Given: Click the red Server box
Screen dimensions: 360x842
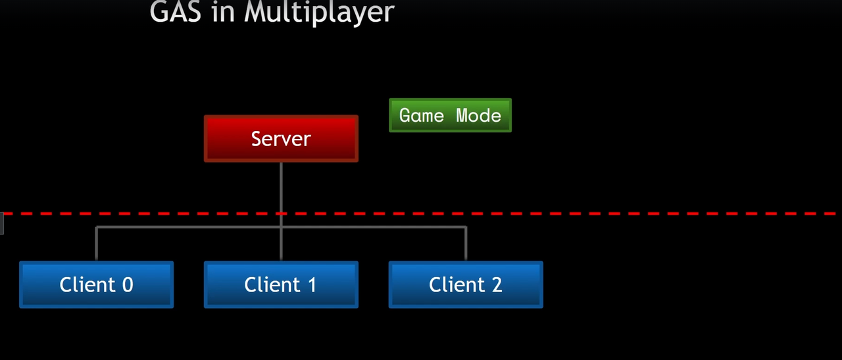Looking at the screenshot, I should [281, 139].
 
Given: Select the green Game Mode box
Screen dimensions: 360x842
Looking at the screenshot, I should [450, 115].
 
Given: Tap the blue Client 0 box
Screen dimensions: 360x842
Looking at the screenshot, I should [96, 284].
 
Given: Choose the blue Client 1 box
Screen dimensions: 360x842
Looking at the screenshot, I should [281, 284].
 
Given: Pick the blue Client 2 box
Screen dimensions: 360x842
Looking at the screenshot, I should [466, 284].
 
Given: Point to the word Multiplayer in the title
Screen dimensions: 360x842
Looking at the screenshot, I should [319, 12].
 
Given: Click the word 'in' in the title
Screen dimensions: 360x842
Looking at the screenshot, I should [224, 12].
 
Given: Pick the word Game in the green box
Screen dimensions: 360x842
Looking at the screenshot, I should [422, 116].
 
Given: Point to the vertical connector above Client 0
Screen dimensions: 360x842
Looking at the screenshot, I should [97, 244].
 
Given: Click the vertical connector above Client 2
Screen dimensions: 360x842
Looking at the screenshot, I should [466, 244].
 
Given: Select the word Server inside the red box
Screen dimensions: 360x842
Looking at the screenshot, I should [281, 139].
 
